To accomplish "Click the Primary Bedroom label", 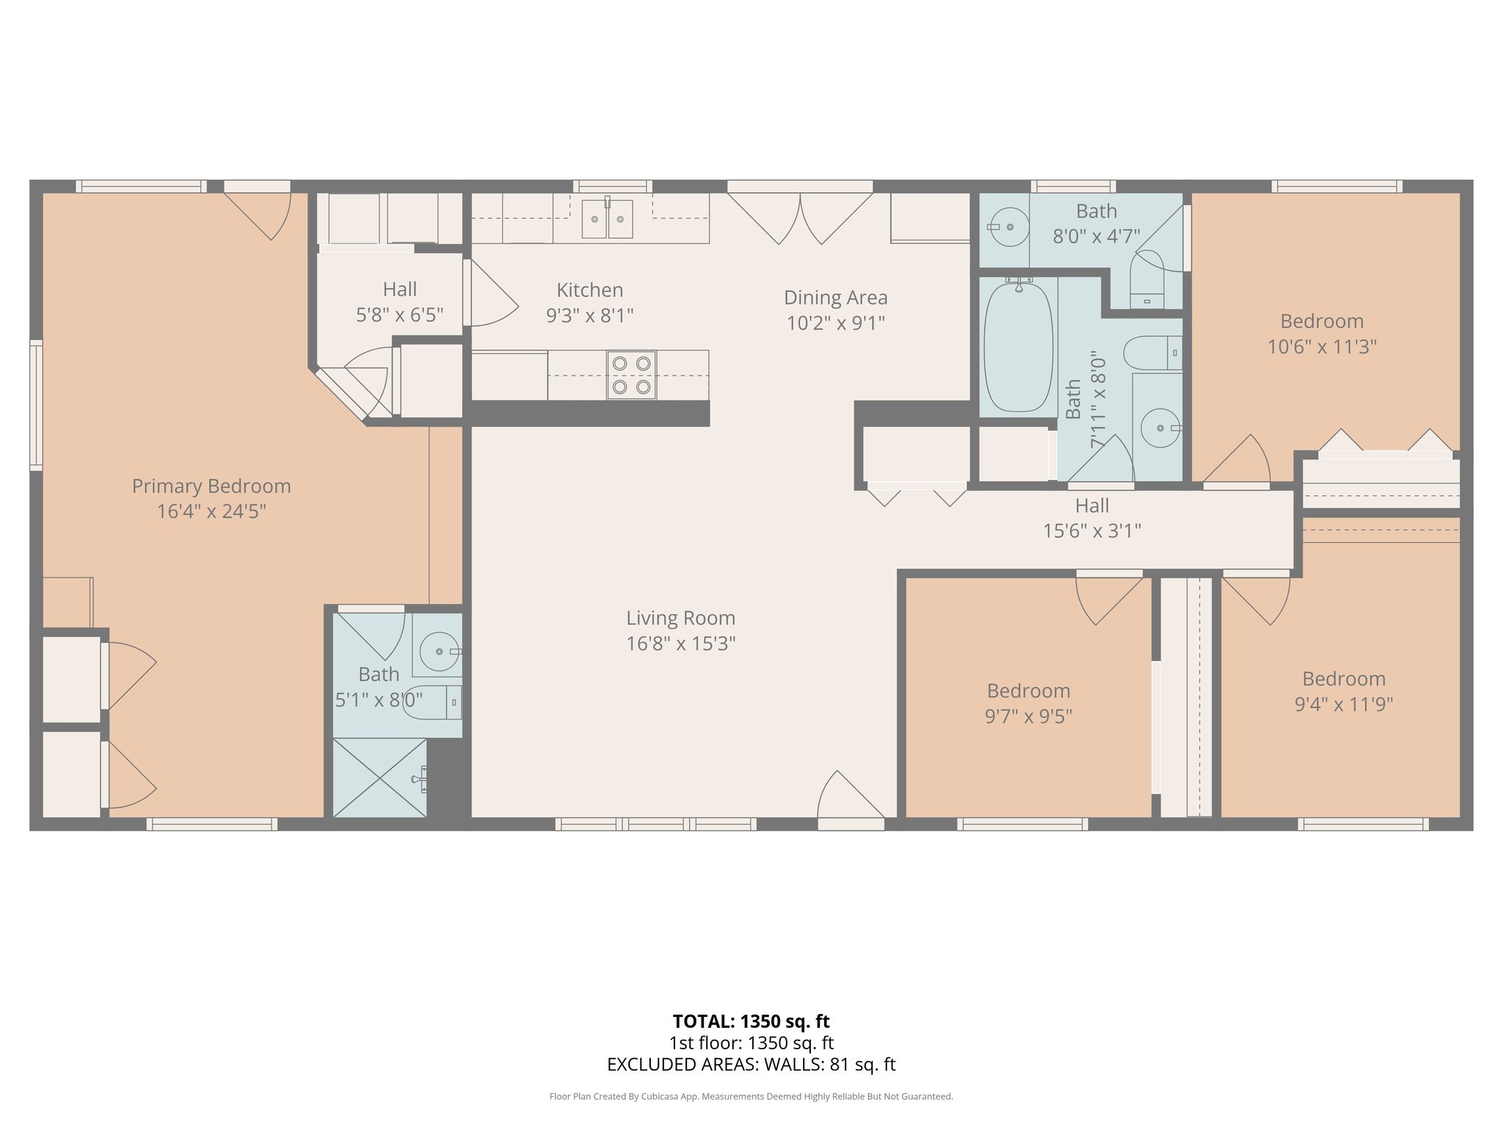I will click(211, 486).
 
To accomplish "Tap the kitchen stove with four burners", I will click(631, 375).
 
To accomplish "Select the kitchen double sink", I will click(607, 219).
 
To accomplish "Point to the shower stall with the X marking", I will click(379, 778).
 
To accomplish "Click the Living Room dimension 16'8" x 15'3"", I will click(680, 643).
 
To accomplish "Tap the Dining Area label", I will click(835, 298).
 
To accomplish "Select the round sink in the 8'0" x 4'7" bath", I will click(1009, 227).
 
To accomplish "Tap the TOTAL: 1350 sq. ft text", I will click(751, 1021).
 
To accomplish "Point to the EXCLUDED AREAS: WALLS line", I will click(751, 1065).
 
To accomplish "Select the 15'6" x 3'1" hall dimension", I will click(1092, 530).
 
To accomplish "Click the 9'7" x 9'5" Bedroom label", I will click(1028, 691).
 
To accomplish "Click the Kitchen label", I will click(589, 290).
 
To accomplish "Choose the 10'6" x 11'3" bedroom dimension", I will click(1322, 346).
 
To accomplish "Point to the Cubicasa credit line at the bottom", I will click(751, 1097).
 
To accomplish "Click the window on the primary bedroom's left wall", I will click(35, 404).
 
